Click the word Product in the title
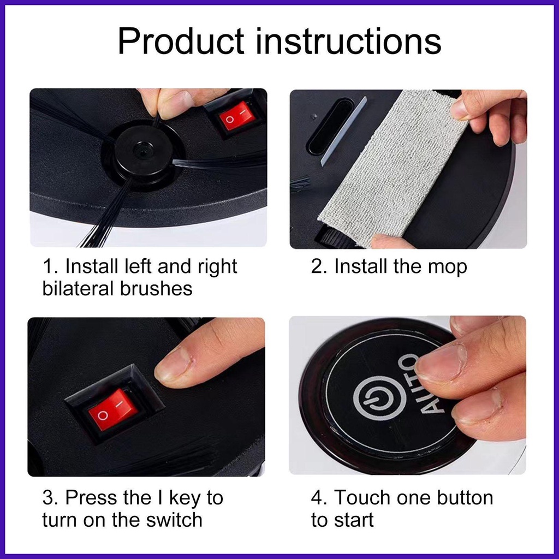point(181,42)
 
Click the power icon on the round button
point(379,397)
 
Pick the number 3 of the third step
point(48,498)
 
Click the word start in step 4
point(354,520)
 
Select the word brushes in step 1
point(157,288)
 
